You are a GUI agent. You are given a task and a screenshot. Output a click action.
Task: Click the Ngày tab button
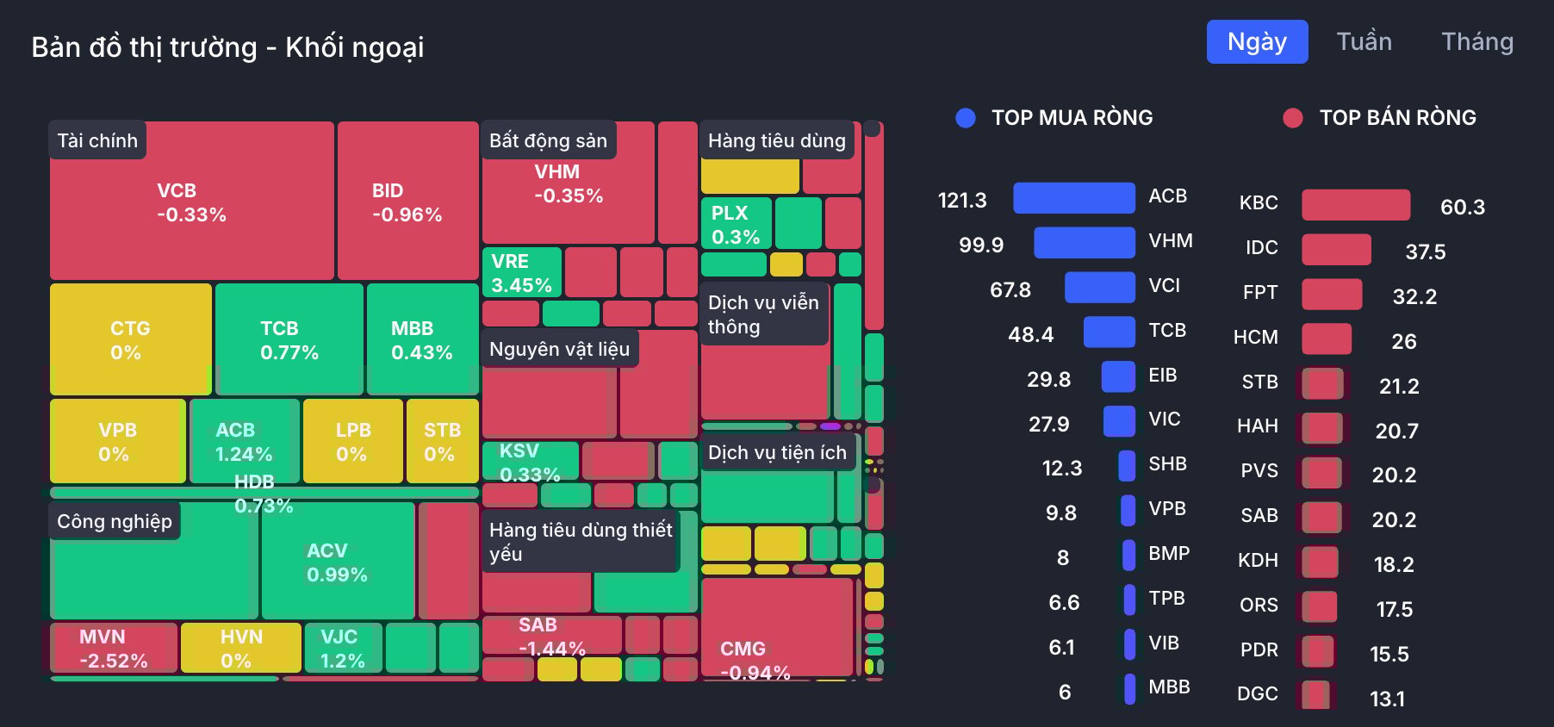tap(1257, 42)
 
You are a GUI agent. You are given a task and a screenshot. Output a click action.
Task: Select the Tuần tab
tap(1364, 42)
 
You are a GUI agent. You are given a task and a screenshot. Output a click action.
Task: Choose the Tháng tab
tap(1476, 42)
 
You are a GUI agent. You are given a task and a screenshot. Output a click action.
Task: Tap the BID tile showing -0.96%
tap(407, 203)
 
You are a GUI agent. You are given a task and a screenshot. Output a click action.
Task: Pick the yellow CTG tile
tap(130, 339)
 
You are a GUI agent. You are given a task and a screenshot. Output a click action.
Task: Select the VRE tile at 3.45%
tap(521, 272)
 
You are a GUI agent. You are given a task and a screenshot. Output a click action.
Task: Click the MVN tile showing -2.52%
tap(113, 648)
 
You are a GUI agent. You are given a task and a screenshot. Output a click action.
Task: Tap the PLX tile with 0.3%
tap(736, 224)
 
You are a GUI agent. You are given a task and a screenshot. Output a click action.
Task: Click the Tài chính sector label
tap(97, 140)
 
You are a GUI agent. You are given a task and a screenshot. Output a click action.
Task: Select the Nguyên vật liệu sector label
tap(559, 349)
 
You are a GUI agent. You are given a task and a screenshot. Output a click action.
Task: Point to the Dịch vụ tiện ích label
tap(777, 452)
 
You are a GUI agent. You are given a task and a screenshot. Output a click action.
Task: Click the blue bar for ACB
tap(1073, 198)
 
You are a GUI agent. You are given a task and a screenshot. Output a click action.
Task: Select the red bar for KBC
tap(1355, 205)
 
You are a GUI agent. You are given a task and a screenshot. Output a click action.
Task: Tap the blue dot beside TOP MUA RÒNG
tap(966, 118)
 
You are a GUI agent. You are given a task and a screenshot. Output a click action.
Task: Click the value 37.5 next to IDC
tap(1425, 252)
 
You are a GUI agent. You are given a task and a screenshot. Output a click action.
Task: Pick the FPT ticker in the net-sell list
tap(1259, 293)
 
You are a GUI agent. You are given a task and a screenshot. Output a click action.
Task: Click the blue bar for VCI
tap(1099, 288)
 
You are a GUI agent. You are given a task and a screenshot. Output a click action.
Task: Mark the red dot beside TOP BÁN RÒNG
tap(1292, 118)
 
